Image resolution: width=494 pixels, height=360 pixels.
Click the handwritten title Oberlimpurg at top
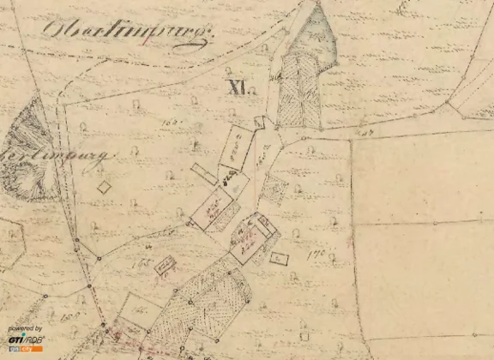tap(127, 33)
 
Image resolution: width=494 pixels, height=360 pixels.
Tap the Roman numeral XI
tap(238, 86)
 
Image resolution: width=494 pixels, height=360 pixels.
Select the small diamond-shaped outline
tap(105, 186)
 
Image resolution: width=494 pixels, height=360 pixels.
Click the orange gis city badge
tap(25, 350)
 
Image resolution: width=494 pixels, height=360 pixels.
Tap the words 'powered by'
tap(25, 328)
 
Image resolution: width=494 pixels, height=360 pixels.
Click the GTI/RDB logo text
tap(25, 339)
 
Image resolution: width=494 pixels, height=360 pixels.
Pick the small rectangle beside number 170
tap(278, 257)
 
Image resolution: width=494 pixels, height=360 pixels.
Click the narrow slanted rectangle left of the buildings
tap(204, 172)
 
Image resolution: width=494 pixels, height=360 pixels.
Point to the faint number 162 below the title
tap(169, 123)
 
